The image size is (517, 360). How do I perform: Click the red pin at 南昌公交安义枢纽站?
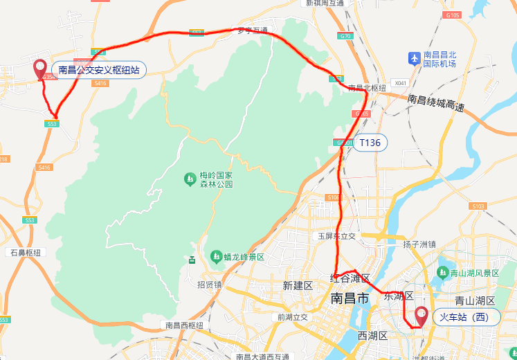pyautogui.click(x=40, y=68)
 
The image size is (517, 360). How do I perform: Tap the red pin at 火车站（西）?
pyautogui.click(x=421, y=316)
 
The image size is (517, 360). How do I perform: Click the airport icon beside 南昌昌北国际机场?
pyautogui.click(x=414, y=58)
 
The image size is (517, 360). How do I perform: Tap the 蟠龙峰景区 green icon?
pyautogui.click(x=217, y=256)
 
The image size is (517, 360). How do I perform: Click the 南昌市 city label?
pyautogui.click(x=350, y=298)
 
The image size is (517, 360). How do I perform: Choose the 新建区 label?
pyautogui.click(x=298, y=285)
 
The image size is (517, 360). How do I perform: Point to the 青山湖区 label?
pyautogui.click(x=474, y=300)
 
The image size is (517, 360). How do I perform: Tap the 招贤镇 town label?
pyautogui.click(x=209, y=284)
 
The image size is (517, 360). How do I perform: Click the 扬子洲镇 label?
pyautogui.click(x=419, y=244)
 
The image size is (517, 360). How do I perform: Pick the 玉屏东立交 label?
pyautogui.click(x=336, y=235)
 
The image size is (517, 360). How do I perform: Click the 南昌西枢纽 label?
pyautogui.click(x=185, y=325)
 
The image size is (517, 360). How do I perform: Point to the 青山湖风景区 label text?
pyautogui.click(x=475, y=273)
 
